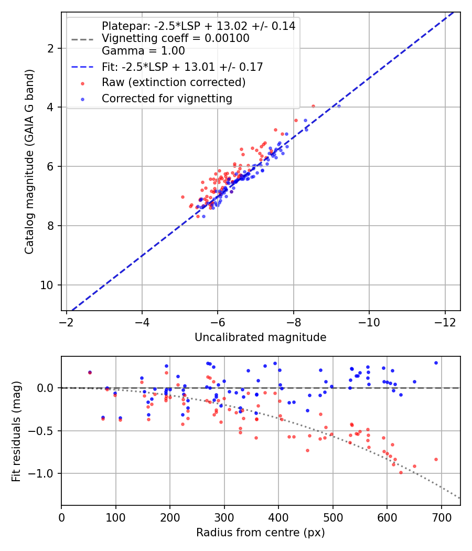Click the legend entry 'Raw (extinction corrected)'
(174, 82)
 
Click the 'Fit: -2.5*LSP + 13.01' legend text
(182, 67)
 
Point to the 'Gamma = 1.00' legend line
(143, 51)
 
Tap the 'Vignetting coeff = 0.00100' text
(175, 38)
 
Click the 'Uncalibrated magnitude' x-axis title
(260, 337)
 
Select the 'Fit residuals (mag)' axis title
(16, 431)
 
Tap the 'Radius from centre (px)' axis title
(260, 533)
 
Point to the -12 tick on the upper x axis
(445, 321)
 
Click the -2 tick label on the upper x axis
(67, 321)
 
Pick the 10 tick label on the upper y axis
(49, 285)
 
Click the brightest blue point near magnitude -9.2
(339, 106)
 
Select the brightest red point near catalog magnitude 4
(314, 106)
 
